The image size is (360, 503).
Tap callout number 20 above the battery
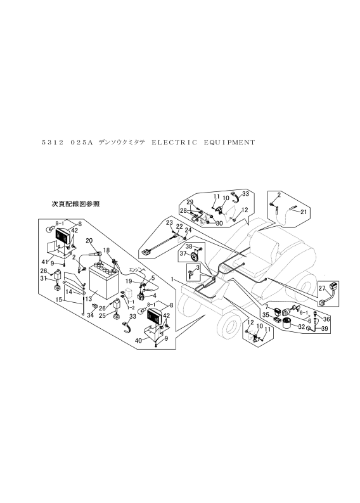coord(89,241)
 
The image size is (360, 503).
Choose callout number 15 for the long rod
coord(58,300)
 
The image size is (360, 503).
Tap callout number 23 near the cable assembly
coord(169,223)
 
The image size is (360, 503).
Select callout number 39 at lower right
coord(324,329)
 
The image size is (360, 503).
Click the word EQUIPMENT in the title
coord(229,142)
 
